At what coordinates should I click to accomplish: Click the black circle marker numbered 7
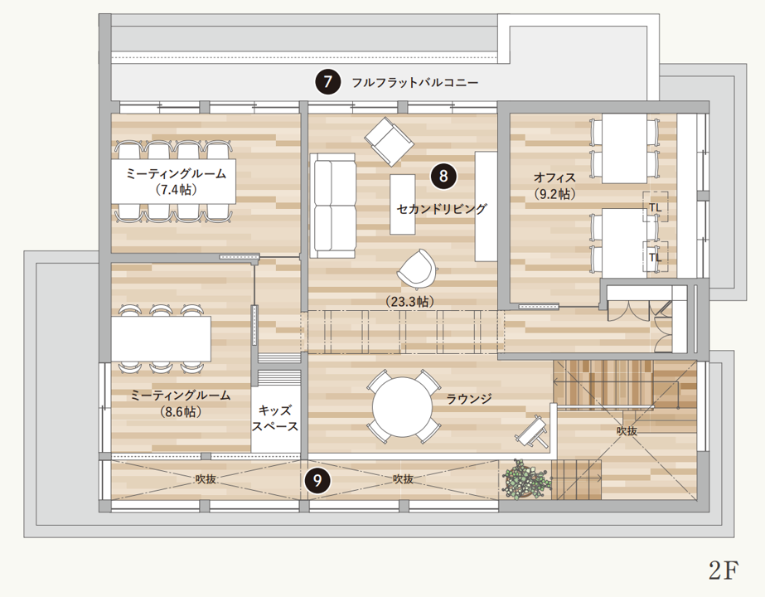coord(328,82)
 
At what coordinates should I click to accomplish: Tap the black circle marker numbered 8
coord(443,175)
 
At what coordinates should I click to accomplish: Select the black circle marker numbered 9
coord(316,479)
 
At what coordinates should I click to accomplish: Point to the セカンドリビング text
coord(442,209)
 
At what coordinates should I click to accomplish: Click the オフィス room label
coord(554,177)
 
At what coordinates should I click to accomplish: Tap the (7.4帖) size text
coord(176,189)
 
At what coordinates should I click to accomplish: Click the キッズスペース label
coord(275,419)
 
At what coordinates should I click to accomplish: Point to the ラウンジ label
coord(469,399)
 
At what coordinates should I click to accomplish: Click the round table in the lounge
coord(403,406)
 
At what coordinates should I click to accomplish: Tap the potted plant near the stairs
coord(525,479)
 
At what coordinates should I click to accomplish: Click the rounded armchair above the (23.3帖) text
coord(417,269)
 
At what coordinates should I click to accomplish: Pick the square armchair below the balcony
coord(389,141)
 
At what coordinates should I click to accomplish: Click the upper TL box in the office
coord(656,206)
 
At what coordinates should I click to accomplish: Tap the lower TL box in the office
coord(656,256)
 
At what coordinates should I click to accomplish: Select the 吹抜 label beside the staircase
coord(627,431)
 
